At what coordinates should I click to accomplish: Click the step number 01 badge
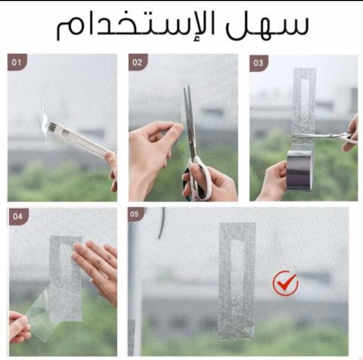[x=17, y=62]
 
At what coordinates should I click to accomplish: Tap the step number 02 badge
[x=138, y=62]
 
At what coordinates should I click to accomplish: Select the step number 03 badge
[x=259, y=63]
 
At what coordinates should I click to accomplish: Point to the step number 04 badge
[x=18, y=216]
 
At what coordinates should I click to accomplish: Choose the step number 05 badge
[x=135, y=214]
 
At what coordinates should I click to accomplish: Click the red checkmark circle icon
[x=285, y=283]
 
